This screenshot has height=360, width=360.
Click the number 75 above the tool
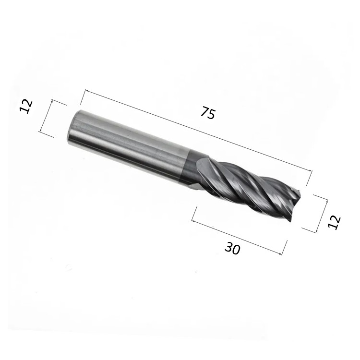click(208, 114)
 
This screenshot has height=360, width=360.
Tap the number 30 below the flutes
click(233, 248)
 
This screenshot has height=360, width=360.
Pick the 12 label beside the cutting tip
click(334, 222)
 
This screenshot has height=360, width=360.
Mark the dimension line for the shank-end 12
click(46, 118)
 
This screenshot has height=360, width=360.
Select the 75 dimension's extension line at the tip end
click(308, 177)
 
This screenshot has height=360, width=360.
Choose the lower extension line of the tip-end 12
click(309, 229)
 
